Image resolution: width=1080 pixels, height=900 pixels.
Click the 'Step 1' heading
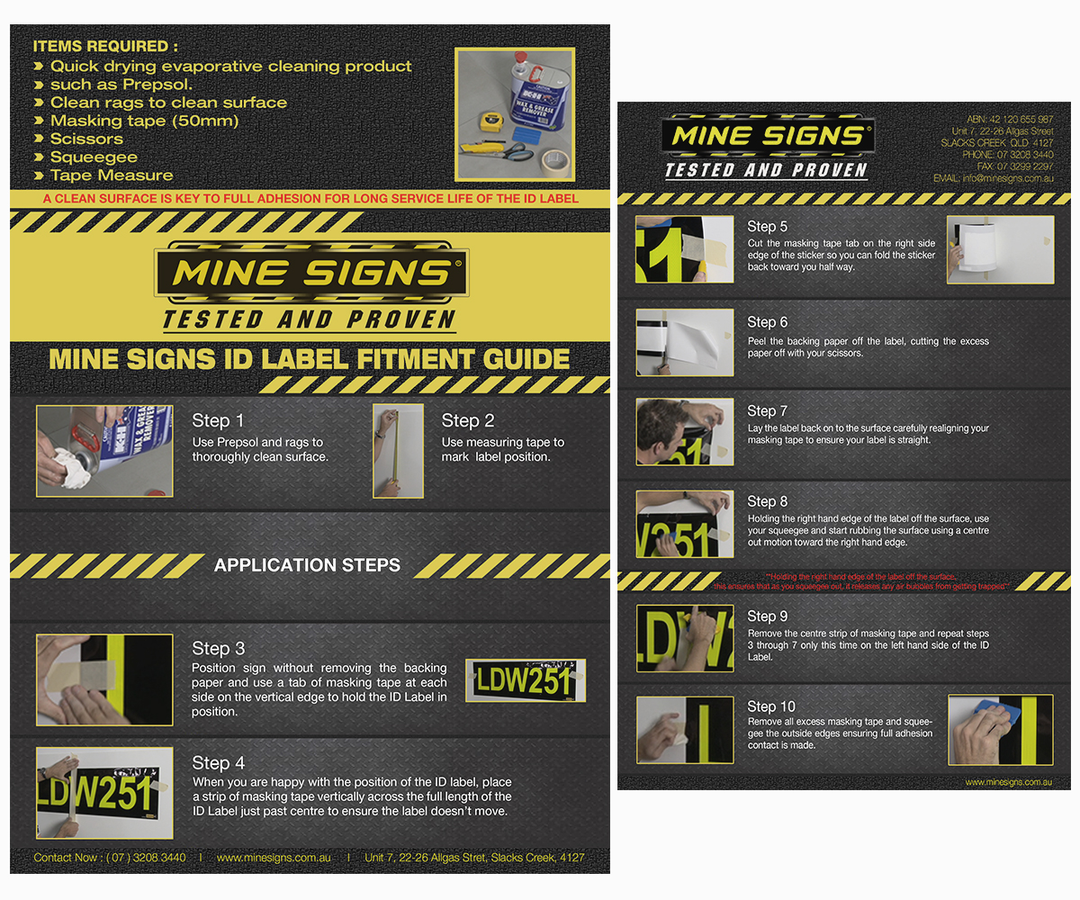[218, 421]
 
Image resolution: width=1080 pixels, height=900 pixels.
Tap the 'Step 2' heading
[468, 421]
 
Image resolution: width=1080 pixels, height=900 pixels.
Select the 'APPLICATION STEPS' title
[307, 565]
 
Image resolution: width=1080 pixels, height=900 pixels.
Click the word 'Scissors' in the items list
[86, 139]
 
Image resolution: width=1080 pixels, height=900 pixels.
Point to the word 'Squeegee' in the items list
[94, 157]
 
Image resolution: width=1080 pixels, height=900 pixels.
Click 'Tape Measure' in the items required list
[112, 175]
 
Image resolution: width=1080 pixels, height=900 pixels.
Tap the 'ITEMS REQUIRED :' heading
[105, 46]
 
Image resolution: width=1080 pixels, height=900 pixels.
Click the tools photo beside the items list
[514, 114]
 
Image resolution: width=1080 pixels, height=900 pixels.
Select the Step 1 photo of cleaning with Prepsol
[104, 451]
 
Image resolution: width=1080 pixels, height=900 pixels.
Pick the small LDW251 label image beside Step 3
[526, 680]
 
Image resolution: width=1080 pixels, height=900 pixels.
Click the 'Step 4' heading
[219, 763]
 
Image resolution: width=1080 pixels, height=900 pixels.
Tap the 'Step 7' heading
[767, 411]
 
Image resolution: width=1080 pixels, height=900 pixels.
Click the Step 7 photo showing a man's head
[684, 432]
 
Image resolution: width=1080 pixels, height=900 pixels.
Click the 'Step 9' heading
[767, 616]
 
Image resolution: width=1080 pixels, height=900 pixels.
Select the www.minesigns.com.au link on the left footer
[274, 858]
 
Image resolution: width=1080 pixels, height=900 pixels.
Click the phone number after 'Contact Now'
[147, 858]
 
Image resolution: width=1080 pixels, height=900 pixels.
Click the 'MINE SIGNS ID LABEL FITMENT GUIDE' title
[310, 359]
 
